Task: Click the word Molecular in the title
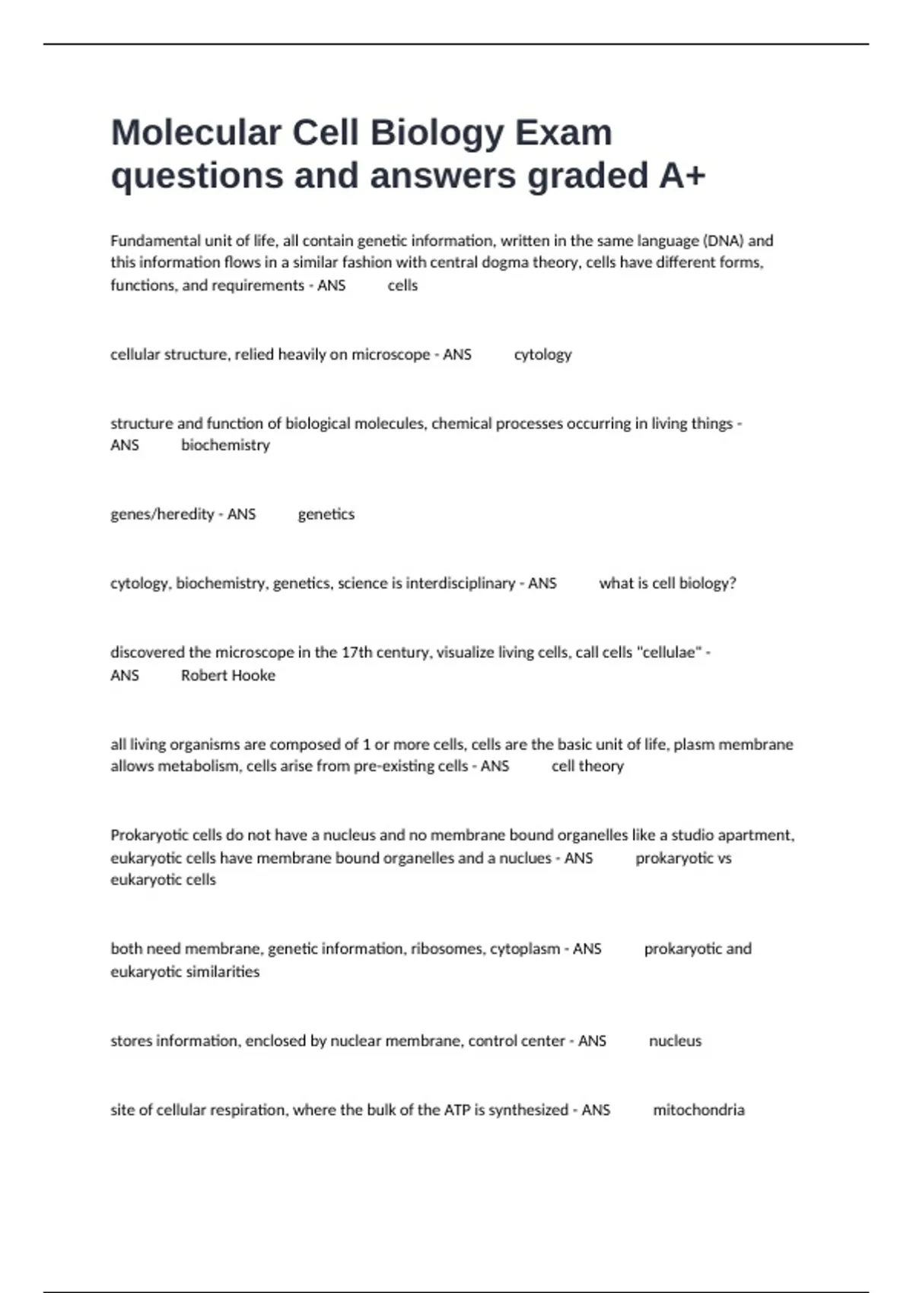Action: pyautogui.click(x=196, y=132)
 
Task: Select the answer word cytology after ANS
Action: pyautogui.click(x=542, y=354)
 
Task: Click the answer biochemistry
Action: pyautogui.click(x=225, y=445)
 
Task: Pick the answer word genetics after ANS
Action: pyautogui.click(x=326, y=514)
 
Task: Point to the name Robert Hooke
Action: pyautogui.click(x=228, y=675)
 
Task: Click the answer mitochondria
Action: pyautogui.click(x=698, y=1110)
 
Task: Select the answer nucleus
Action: pyautogui.click(x=675, y=1040)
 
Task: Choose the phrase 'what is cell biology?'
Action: pyautogui.click(x=667, y=583)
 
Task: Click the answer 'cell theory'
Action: pyautogui.click(x=587, y=766)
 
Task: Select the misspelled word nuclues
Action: pyautogui.click(x=525, y=858)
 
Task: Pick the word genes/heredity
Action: pyautogui.click(x=162, y=514)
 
